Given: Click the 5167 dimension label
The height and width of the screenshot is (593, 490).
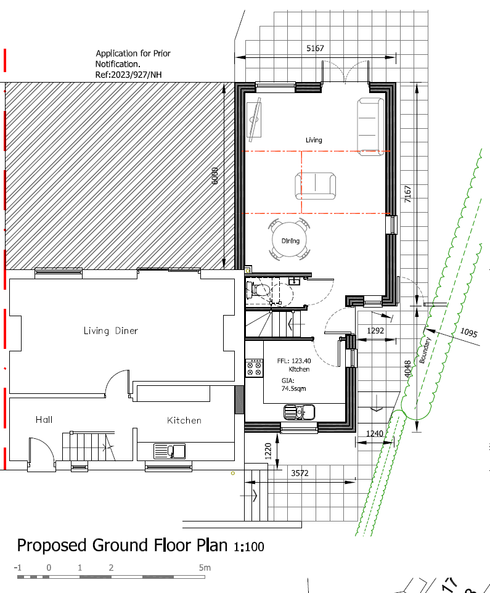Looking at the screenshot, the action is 315,48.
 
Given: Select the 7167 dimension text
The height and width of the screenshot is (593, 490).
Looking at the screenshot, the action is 407,194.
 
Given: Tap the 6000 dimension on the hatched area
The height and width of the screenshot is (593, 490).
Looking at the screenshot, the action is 214,176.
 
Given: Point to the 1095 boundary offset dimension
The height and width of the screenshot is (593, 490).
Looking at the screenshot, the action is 469,332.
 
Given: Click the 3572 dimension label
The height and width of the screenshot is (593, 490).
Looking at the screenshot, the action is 300,473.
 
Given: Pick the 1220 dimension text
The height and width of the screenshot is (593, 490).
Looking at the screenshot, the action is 268,451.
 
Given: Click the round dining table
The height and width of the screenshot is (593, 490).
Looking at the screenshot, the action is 290,239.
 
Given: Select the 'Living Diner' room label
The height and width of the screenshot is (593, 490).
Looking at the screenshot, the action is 111,330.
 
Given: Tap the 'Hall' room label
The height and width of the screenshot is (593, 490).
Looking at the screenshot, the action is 44,419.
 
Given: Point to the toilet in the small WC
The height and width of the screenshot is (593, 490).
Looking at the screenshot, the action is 259,290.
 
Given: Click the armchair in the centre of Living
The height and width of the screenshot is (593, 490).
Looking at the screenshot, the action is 316,186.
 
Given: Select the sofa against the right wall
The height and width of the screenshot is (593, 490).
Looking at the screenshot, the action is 370,127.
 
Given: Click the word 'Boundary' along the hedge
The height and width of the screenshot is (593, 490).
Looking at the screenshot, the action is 425,350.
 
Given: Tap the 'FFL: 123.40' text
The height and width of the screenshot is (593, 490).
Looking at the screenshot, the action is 294,361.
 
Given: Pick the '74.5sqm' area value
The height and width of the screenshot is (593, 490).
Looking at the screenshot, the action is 293,388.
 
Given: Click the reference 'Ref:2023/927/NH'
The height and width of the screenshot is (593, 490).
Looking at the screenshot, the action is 129,75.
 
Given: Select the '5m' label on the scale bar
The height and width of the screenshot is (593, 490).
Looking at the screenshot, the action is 205,567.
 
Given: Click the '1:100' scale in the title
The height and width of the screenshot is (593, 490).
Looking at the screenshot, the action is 249,547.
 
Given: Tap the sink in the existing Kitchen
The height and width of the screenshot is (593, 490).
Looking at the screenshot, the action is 169,451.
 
